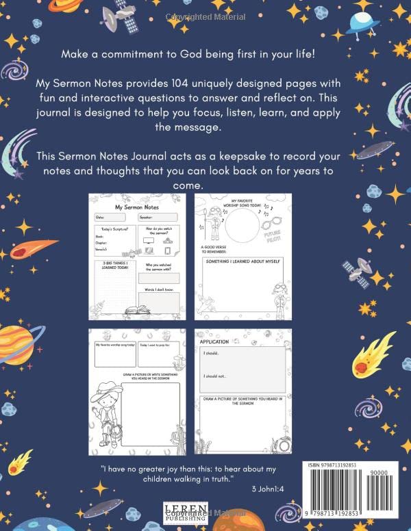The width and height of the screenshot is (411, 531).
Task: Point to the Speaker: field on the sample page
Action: point(156,217)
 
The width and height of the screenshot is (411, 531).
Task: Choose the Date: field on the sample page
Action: point(114,217)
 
